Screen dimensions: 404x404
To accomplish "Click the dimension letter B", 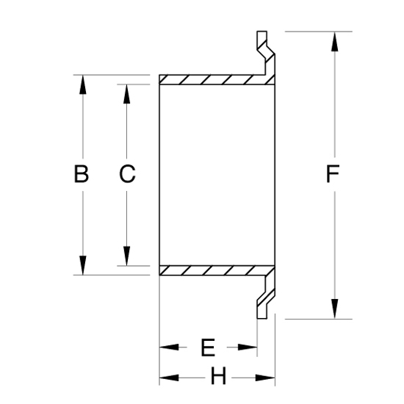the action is [81, 174].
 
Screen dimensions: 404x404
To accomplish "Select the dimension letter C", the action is [127, 174].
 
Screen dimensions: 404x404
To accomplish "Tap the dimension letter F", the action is [333, 174].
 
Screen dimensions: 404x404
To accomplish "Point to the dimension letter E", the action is [208, 347].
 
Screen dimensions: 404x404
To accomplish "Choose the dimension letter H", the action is [218, 376].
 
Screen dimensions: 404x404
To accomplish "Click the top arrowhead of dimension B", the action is [83, 84].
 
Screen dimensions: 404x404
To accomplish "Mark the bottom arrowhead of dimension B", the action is [83, 265].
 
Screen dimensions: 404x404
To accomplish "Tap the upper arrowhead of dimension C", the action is [126, 94].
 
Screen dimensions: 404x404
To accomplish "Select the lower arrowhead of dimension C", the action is [126, 256].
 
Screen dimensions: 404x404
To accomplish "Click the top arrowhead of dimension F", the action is [335, 41].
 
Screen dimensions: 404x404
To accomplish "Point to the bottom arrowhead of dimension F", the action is [335, 309].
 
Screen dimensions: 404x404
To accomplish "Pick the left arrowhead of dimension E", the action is [169, 347].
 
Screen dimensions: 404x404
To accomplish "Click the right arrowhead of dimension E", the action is [248, 347].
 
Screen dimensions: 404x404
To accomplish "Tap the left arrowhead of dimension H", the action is [169, 378].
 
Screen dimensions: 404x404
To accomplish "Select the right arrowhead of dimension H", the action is [265, 378].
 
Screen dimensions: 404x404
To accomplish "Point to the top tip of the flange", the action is [261, 32].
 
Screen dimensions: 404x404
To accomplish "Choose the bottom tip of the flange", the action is [261, 319].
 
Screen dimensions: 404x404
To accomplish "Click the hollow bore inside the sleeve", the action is [217, 175].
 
